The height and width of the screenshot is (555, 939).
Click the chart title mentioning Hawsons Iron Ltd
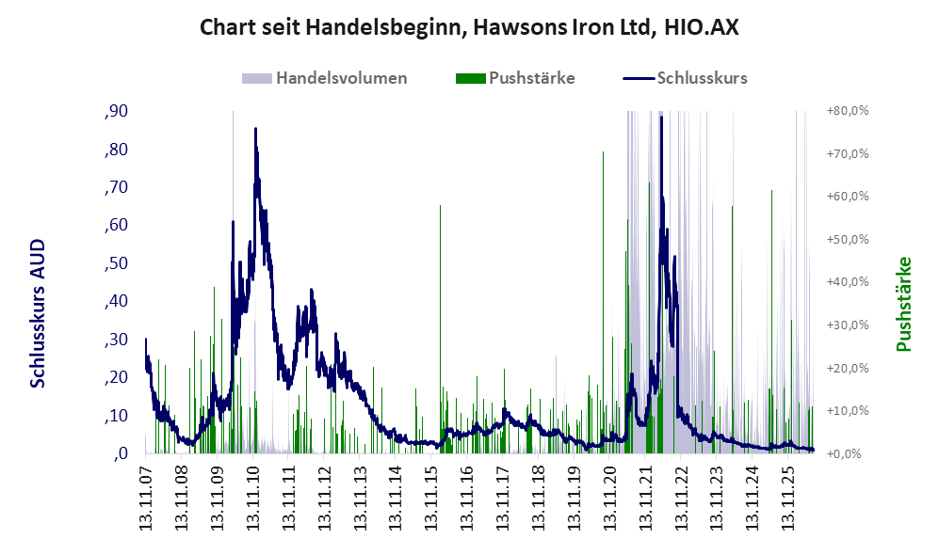click(x=469, y=27)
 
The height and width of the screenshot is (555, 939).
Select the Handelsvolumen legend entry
click(x=325, y=78)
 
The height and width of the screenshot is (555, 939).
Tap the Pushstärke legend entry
click(x=515, y=78)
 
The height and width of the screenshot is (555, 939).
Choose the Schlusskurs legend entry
click(x=685, y=78)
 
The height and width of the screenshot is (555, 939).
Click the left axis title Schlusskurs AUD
click(x=38, y=313)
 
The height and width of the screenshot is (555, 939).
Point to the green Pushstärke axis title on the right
click(x=903, y=305)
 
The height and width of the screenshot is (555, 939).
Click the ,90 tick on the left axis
click(x=116, y=111)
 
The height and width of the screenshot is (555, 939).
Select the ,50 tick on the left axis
click(x=116, y=263)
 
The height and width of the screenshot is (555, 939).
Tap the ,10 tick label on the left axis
click(x=116, y=416)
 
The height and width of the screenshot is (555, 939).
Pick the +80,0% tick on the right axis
click(x=848, y=111)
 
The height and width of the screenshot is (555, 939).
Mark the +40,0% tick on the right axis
click(x=848, y=282)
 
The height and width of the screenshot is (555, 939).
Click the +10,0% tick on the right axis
click(x=848, y=411)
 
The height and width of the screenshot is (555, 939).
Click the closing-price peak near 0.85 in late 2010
click(x=256, y=129)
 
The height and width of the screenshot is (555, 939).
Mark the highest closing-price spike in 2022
click(x=661, y=118)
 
